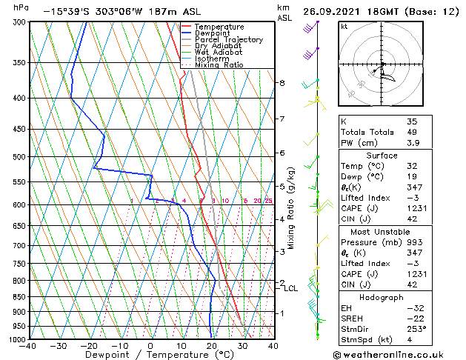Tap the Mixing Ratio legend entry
coord(219,64)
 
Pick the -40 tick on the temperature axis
coord(28,346)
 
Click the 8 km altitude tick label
coord(282,83)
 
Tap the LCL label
coord(290,288)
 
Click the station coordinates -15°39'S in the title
coord(67,11)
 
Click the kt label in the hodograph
coord(344,27)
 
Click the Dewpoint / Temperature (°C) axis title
coord(150,356)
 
